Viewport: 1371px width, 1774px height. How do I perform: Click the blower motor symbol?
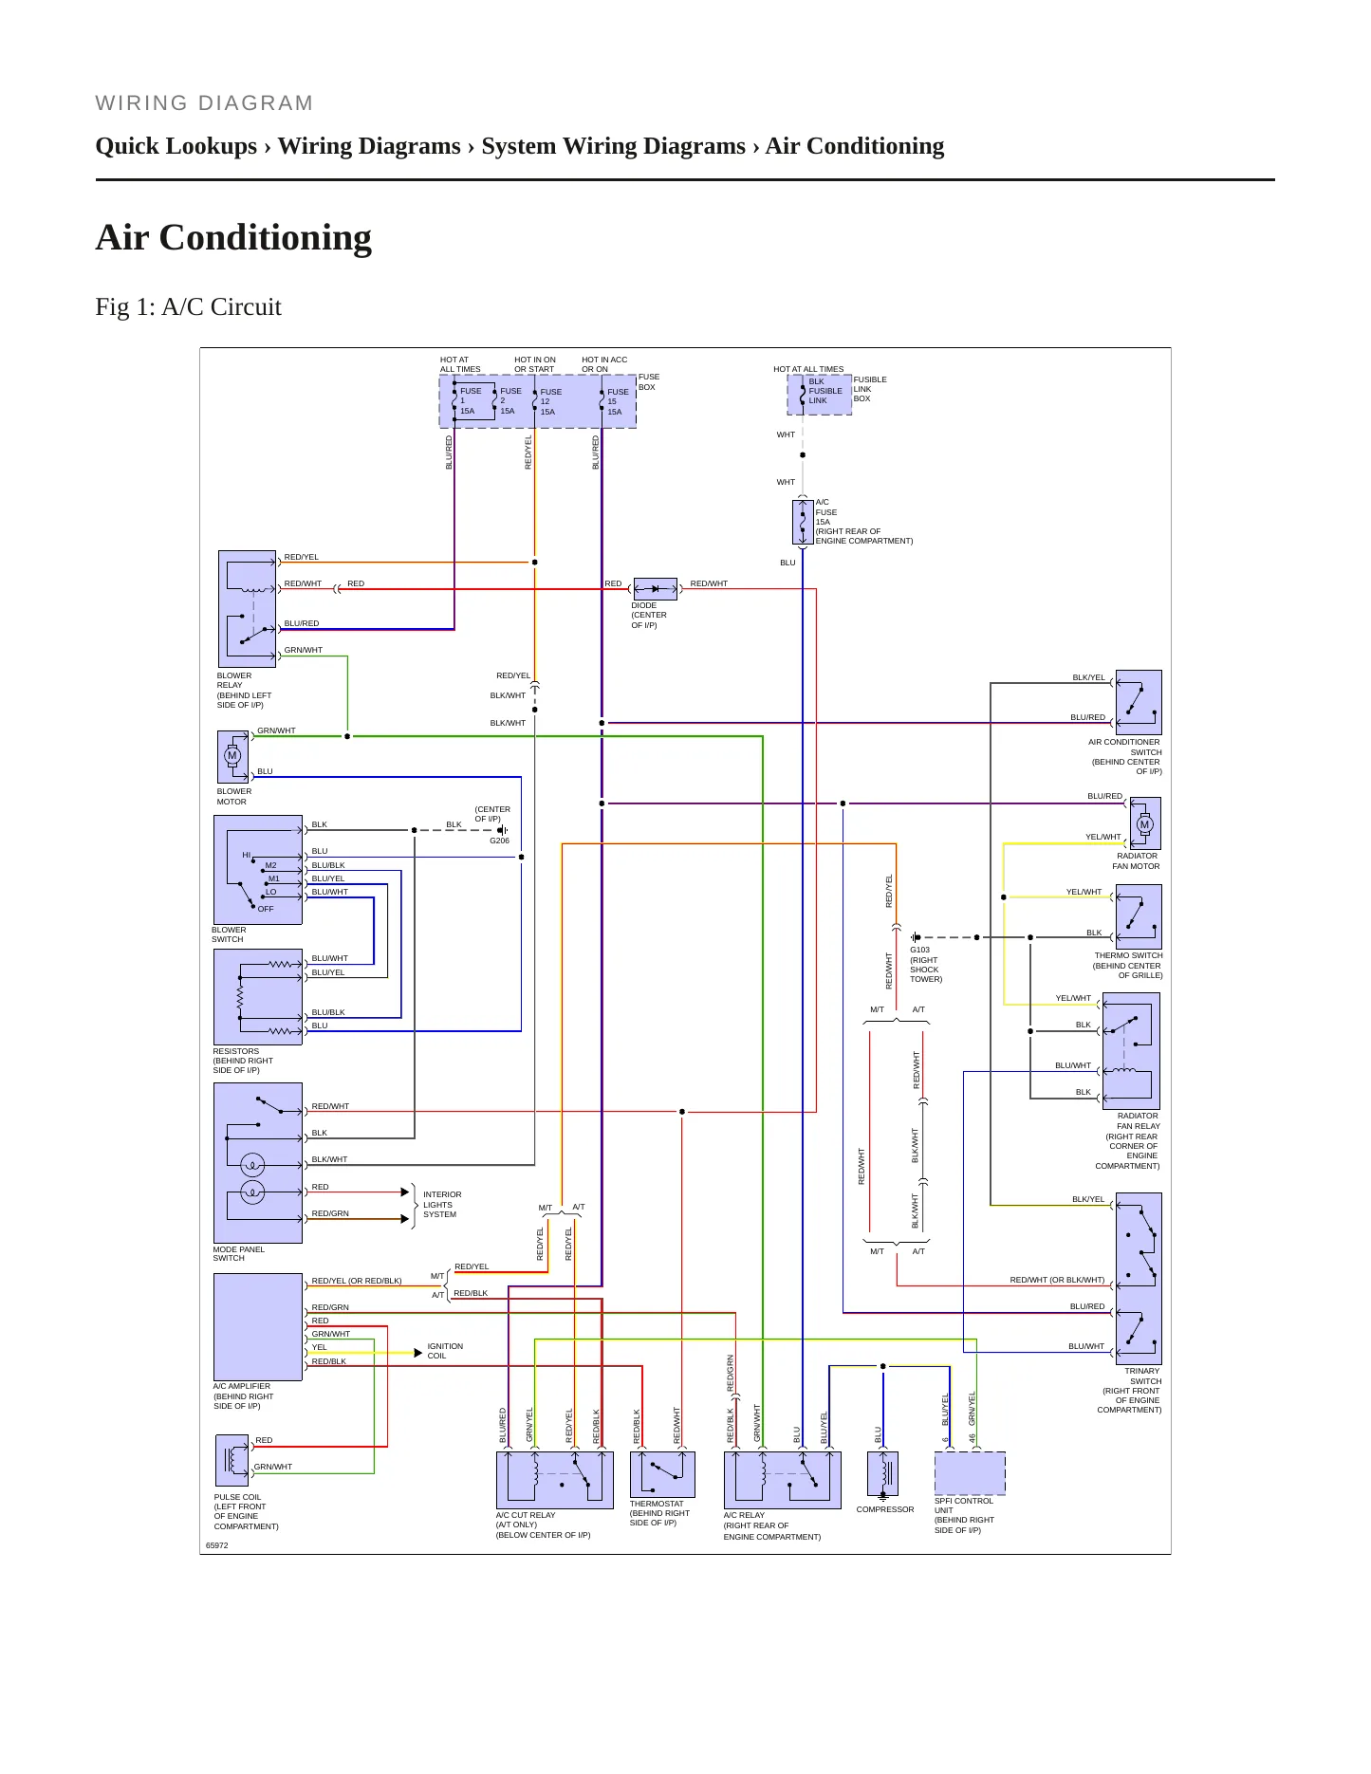point(232,756)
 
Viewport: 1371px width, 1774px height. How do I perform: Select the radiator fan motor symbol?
point(1144,823)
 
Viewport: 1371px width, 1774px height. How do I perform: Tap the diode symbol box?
point(655,589)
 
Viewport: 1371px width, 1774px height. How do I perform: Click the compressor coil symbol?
point(882,1473)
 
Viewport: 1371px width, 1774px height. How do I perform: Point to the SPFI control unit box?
point(970,1473)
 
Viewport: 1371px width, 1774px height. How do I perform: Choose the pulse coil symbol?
point(232,1460)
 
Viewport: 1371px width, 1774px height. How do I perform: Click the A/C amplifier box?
point(258,1327)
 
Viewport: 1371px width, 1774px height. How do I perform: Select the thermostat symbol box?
point(662,1474)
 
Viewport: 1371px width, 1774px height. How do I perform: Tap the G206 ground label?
point(499,841)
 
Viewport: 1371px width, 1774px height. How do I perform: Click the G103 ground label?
point(920,950)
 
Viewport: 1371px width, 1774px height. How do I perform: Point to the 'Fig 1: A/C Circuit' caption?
point(189,306)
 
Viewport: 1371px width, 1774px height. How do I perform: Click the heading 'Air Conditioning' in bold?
point(233,237)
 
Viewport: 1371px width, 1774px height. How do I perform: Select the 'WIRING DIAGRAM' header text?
point(205,102)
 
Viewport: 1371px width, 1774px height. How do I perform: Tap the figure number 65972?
point(217,1545)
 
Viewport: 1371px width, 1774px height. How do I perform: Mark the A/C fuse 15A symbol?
point(803,522)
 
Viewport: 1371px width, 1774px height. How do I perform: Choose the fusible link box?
point(819,395)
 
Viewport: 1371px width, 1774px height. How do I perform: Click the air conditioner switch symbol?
point(1139,702)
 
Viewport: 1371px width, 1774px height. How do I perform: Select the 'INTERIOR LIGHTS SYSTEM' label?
point(442,1205)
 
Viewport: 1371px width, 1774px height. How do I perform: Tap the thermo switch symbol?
point(1139,916)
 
